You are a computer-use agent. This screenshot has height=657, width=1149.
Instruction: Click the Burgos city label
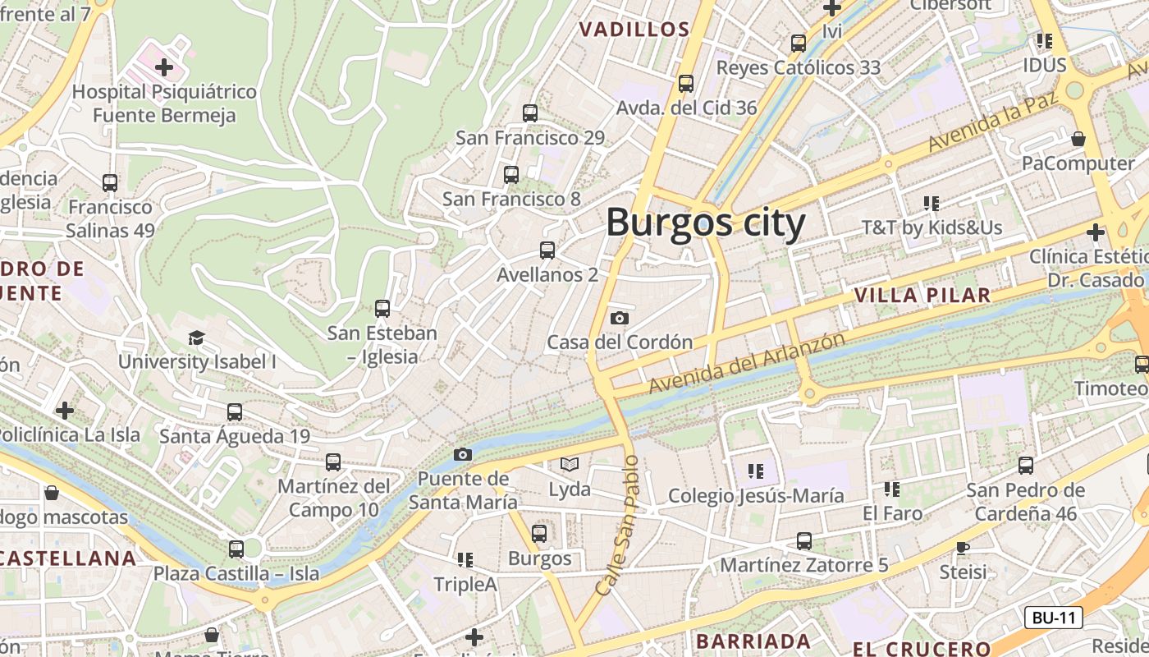(x=706, y=223)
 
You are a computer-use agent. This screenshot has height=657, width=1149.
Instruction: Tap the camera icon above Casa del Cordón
(x=620, y=318)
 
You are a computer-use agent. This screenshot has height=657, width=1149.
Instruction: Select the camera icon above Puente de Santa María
(x=463, y=454)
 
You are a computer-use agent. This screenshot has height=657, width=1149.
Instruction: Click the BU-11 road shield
(x=1053, y=618)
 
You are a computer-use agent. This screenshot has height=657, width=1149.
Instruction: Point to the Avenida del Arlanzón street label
(x=746, y=362)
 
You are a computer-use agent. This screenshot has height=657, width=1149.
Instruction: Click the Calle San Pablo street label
(x=617, y=526)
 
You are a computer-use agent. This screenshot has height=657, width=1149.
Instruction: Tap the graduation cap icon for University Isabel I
(x=196, y=338)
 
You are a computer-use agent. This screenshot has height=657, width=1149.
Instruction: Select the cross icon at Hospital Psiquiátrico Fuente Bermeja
(x=164, y=67)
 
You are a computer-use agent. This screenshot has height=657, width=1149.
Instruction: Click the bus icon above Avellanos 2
(x=547, y=250)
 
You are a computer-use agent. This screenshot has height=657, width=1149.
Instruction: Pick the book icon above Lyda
(x=570, y=465)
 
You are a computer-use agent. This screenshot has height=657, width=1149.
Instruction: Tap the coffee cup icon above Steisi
(x=964, y=547)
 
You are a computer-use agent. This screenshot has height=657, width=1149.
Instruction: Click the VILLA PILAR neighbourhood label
(x=922, y=295)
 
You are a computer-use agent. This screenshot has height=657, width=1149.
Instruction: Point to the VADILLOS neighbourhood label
(x=634, y=30)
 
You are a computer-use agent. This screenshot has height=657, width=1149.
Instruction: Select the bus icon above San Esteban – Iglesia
(x=382, y=309)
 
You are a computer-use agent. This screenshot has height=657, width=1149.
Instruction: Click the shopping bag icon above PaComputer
(x=1078, y=139)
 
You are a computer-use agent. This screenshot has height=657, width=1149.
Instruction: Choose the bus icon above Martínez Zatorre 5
(x=804, y=541)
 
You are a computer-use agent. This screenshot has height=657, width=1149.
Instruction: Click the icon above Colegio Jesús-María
(x=756, y=471)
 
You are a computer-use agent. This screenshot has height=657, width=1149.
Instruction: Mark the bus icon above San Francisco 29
(x=530, y=113)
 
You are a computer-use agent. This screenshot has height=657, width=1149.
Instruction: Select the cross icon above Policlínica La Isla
(x=65, y=410)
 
